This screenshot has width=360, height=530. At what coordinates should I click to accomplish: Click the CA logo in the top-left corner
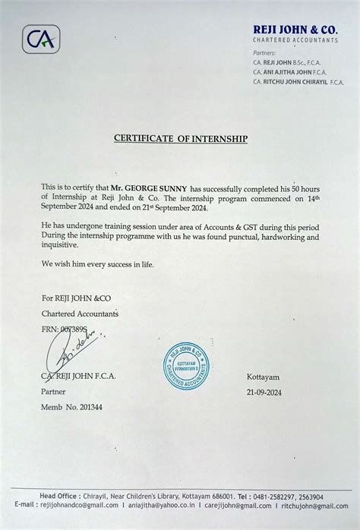click(x=41, y=39)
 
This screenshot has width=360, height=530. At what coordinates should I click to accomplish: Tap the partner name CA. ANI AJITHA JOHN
click(x=289, y=71)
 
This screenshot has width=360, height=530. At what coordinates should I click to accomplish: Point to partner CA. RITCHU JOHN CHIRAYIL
click(x=298, y=82)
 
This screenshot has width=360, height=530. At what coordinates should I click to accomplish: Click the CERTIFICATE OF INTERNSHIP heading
click(x=181, y=139)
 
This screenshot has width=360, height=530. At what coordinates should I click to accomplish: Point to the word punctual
click(x=228, y=238)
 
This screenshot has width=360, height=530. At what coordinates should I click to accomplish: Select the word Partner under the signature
click(x=53, y=392)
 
